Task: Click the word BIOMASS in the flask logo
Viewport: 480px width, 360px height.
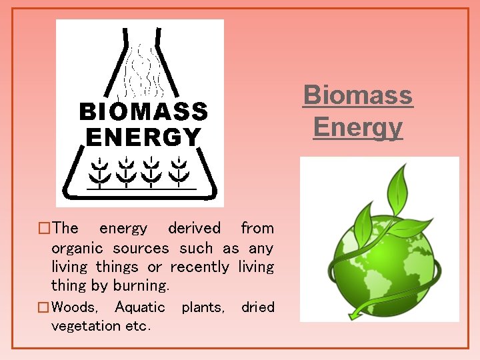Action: [x=143, y=111]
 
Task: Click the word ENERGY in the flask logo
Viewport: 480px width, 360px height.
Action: [x=143, y=137]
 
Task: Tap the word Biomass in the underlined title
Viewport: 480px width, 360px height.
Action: [x=358, y=95]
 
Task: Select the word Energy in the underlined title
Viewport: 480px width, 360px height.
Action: [x=358, y=127]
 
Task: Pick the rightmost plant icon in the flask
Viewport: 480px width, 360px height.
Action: [x=178, y=171]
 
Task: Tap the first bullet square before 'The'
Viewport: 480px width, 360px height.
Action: [x=45, y=229]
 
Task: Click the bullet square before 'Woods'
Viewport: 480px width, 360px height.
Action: [x=44, y=308]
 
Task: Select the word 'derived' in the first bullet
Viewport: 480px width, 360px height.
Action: [x=194, y=228]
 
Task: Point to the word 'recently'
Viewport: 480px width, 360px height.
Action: [x=199, y=267]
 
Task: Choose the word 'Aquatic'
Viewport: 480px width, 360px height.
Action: [x=140, y=307]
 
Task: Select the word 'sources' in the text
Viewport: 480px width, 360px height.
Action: [x=141, y=248]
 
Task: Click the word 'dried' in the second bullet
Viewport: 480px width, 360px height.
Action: [x=257, y=307]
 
